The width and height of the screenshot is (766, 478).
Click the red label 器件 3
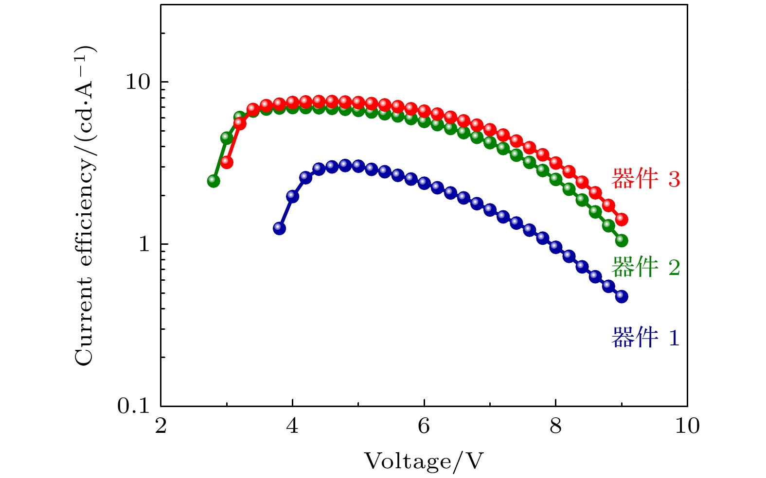[x=645, y=179]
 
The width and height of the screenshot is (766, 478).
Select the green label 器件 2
[x=645, y=267]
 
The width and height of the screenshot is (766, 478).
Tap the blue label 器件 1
[x=645, y=338]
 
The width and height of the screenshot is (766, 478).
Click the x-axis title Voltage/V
[x=424, y=461]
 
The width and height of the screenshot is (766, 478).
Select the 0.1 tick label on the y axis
[x=133, y=406]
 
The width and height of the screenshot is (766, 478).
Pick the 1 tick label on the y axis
[x=144, y=244]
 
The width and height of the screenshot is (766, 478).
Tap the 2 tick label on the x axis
[x=160, y=426]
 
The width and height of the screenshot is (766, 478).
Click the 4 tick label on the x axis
[x=292, y=426]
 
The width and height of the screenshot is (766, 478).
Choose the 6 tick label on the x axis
[x=424, y=426]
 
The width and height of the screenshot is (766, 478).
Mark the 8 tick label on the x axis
[x=555, y=426]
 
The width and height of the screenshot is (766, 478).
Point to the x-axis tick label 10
[x=687, y=426]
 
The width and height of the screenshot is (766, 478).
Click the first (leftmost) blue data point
[x=279, y=228]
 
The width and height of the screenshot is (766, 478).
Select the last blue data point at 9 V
[x=622, y=296]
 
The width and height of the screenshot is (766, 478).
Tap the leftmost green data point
[x=214, y=181]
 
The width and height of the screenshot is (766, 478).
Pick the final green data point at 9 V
[x=622, y=240]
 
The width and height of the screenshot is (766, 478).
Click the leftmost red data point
[x=227, y=162]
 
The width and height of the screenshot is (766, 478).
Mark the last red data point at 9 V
[x=622, y=219]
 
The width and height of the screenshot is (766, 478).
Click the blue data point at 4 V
[x=292, y=196]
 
